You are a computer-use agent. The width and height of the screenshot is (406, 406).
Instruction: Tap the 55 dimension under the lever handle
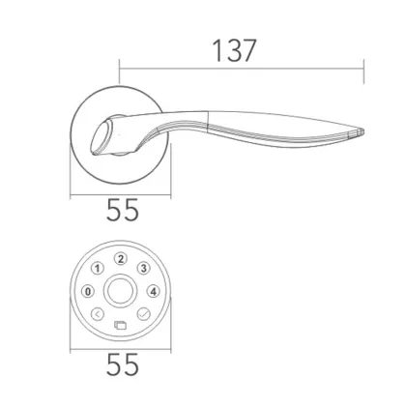click(119, 208)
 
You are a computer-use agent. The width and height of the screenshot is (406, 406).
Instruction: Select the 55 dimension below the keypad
click(120, 364)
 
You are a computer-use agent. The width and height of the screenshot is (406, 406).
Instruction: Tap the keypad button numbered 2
click(121, 258)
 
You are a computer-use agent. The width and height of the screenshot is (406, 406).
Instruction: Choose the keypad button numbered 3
click(143, 268)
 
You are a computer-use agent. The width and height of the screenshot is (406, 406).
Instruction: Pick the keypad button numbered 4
click(153, 290)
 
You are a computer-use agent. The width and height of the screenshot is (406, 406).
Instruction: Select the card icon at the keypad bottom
click(120, 324)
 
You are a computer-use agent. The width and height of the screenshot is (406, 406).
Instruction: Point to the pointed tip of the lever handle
click(363, 130)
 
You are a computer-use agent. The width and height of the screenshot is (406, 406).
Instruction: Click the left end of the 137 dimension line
click(119, 69)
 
